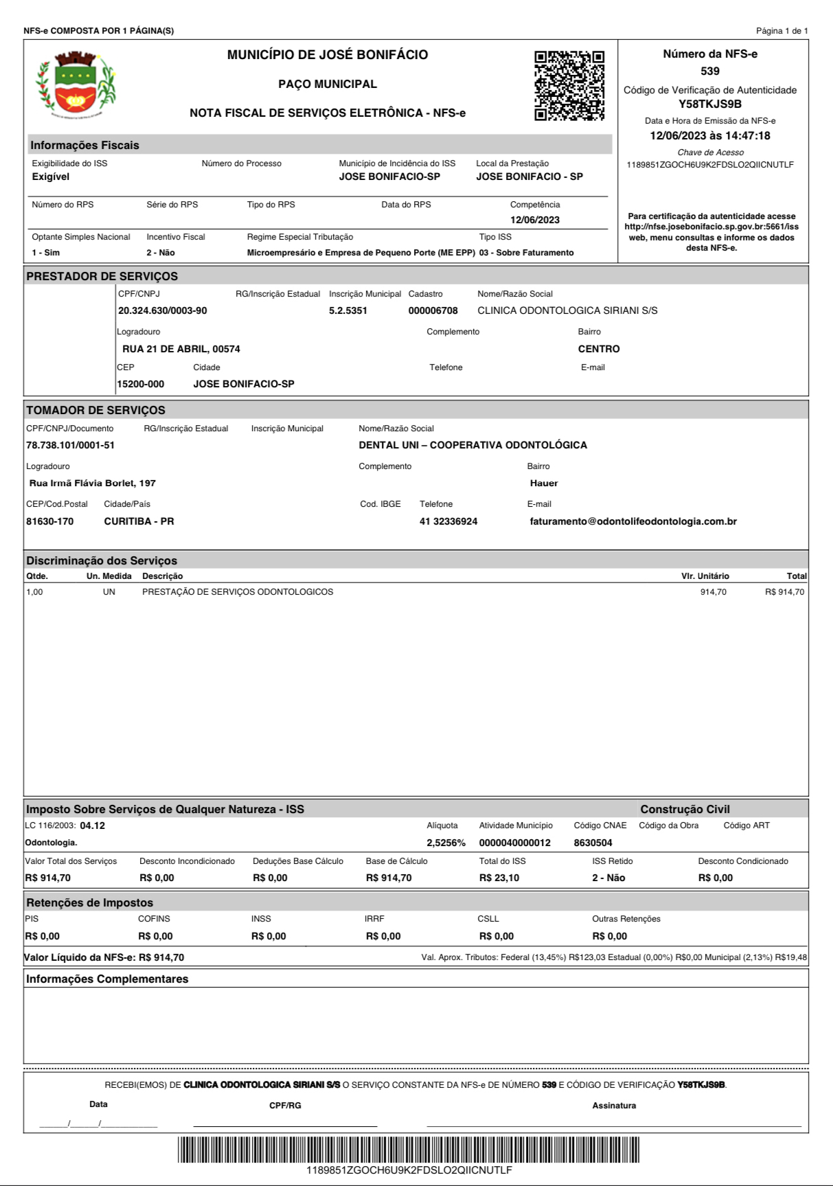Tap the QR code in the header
[569, 85]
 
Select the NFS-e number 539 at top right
[710, 71]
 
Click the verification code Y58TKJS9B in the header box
[710, 104]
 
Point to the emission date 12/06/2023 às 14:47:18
[710, 136]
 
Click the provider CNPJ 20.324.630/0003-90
[163, 311]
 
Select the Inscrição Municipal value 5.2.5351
[348, 311]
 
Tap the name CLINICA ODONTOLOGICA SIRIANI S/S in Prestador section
[567, 311]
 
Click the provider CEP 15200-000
[141, 384]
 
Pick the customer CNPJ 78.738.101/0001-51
[71, 446]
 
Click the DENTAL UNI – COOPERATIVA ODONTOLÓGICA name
[472, 446]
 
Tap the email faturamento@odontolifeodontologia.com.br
[633, 522]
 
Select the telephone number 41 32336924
[448, 522]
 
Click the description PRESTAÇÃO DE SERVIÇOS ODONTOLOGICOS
[238, 592]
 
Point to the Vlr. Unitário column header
[705, 576]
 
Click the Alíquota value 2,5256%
[446, 843]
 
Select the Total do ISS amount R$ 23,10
[499, 878]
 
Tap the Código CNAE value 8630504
[593, 843]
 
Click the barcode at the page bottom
[409, 1150]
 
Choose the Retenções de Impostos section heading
[90, 903]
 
